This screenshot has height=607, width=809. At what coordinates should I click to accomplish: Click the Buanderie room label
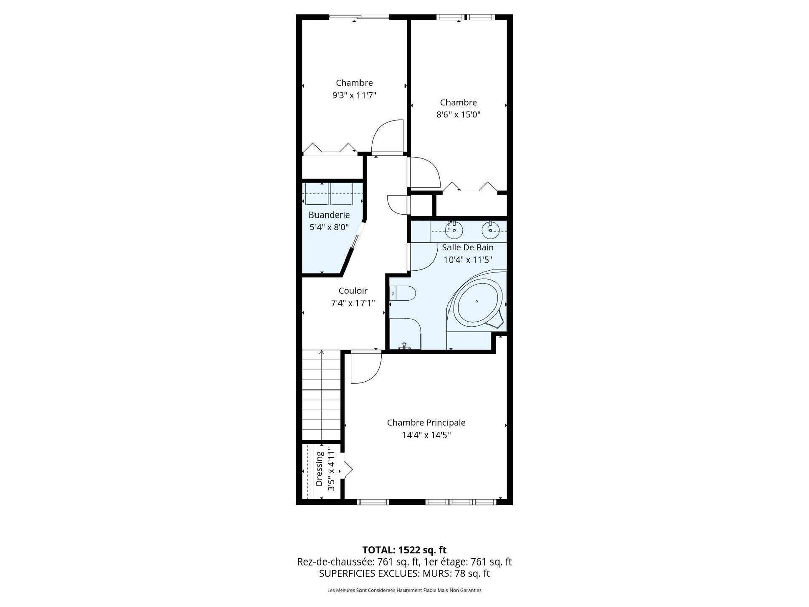tap(329, 214)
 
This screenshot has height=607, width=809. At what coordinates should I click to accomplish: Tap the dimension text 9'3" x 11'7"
tap(354, 95)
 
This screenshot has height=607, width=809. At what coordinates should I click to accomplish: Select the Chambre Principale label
tap(426, 423)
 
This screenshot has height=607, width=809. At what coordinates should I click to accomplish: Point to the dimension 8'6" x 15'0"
tap(459, 114)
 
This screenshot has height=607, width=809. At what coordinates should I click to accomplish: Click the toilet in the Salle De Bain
tap(403, 294)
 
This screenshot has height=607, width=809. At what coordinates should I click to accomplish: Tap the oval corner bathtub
tap(477, 301)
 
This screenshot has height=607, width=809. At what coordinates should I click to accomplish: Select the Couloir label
tap(353, 291)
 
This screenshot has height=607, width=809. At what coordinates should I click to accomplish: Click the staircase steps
tap(321, 395)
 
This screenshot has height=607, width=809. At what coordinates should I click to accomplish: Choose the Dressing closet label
tap(319, 469)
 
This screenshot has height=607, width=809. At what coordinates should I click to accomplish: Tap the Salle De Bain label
tap(468, 247)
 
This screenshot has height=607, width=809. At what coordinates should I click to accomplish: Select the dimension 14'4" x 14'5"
tap(426, 435)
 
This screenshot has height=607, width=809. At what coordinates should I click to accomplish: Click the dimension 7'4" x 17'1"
tap(353, 303)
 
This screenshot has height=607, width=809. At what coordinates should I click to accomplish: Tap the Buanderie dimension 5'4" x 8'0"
tap(329, 227)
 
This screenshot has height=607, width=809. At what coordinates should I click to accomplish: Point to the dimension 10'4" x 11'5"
tap(468, 259)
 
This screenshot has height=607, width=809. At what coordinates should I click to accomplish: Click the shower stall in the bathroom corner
tap(404, 333)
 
